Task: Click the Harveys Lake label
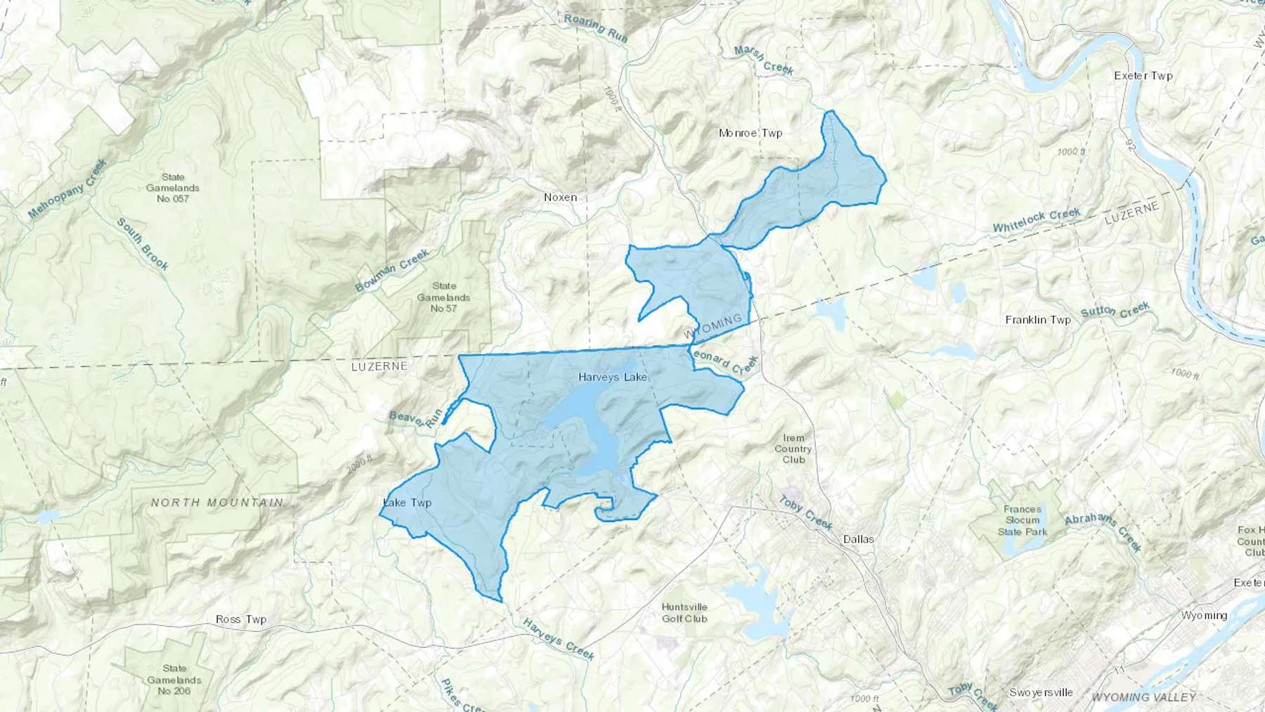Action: point(612,377)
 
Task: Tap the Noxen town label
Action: point(560,198)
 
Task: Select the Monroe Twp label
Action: point(750,133)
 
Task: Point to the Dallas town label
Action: point(858,539)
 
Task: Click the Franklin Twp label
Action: point(1037,320)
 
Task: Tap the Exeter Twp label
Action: point(1143,75)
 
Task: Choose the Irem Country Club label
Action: point(793,448)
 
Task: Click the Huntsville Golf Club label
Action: point(684,613)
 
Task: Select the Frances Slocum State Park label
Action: point(1022,520)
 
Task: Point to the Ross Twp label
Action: point(241,619)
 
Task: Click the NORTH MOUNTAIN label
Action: point(217,503)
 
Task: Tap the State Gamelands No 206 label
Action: point(174,680)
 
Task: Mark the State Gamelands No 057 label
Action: point(173,188)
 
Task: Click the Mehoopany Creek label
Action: point(67,188)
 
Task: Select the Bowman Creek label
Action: point(391,271)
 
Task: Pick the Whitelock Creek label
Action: point(1036,221)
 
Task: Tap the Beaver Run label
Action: point(415,418)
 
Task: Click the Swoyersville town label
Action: point(1041,692)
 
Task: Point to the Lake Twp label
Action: point(408,503)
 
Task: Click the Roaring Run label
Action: point(595,26)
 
